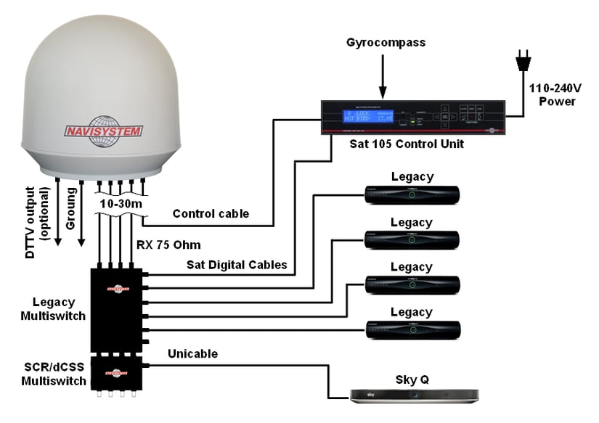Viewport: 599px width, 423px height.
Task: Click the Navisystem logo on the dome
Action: click(x=105, y=131)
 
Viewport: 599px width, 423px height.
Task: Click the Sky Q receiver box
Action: click(x=413, y=395)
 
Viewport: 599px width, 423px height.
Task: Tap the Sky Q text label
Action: click(x=412, y=378)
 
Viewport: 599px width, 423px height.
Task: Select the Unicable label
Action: click(x=193, y=353)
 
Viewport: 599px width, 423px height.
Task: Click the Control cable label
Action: click(x=210, y=214)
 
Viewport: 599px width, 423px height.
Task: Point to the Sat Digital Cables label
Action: click(x=236, y=265)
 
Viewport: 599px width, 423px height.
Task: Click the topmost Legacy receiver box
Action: click(x=412, y=193)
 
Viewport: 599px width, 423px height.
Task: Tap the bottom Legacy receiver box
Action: click(x=412, y=330)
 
